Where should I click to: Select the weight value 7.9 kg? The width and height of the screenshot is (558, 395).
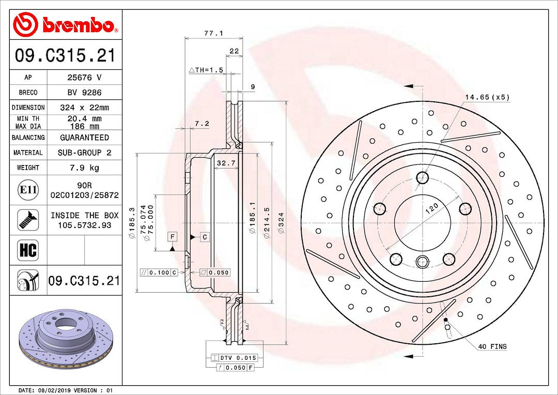pyautogui.click(x=84, y=168)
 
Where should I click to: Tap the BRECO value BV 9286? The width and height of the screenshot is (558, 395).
pyautogui.click(x=84, y=93)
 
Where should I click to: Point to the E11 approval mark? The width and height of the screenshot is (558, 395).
pyautogui.click(x=28, y=189)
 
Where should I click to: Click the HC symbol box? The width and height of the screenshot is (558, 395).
pyautogui.click(x=28, y=250)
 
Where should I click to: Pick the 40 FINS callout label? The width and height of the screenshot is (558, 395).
pyautogui.click(x=492, y=346)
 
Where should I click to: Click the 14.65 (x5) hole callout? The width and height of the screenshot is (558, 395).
pyautogui.click(x=487, y=97)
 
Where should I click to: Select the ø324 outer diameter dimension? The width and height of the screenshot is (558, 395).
pyautogui.click(x=281, y=223)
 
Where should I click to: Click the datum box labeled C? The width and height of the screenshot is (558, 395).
pyautogui.click(x=205, y=237)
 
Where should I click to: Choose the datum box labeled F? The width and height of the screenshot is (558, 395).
pyautogui.click(x=173, y=237)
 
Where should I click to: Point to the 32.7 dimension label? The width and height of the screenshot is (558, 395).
pyautogui.click(x=226, y=163)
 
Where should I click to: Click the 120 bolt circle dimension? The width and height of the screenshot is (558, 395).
pyautogui.click(x=431, y=208)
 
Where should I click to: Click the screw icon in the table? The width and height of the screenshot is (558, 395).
pyautogui.click(x=28, y=220)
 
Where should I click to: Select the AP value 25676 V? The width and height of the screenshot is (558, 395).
pyautogui.click(x=84, y=78)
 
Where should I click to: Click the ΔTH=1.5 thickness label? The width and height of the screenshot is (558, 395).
pyautogui.click(x=206, y=70)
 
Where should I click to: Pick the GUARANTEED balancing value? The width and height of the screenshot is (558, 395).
pyautogui.click(x=84, y=138)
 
